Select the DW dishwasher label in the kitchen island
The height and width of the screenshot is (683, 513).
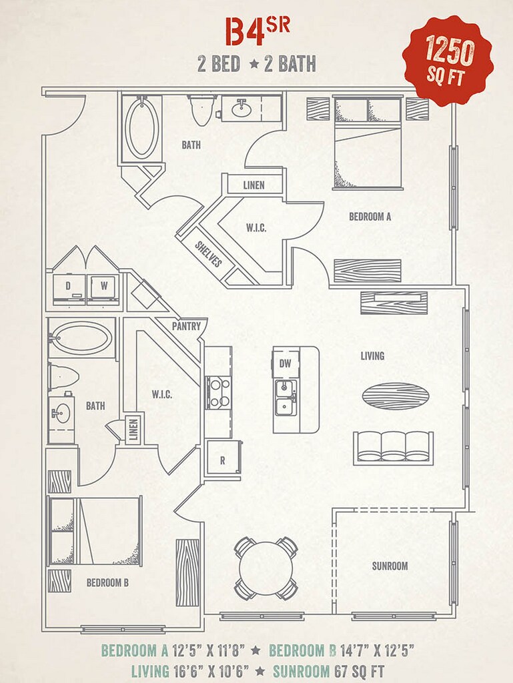(286, 364)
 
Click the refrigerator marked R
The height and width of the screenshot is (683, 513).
(223, 460)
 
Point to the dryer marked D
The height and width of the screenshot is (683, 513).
(68, 286)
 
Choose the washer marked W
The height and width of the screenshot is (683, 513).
(103, 286)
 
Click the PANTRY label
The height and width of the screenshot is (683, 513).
(187, 327)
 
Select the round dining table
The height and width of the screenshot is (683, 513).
(266, 568)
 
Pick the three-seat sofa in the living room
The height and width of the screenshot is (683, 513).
(393, 446)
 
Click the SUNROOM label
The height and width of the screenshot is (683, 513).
(390, 566)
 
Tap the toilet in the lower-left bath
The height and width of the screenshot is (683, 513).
(63, 377)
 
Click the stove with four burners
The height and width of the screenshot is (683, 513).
(217, 393)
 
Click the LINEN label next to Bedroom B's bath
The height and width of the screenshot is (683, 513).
(133, 429)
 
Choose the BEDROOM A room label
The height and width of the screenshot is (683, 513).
(370, 216)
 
